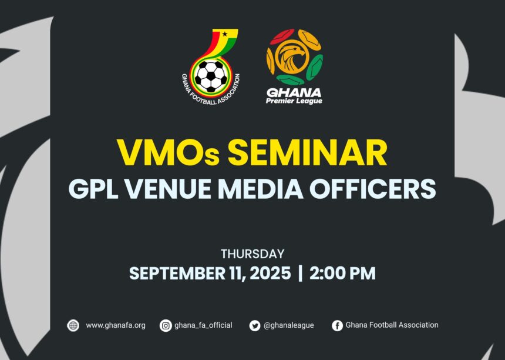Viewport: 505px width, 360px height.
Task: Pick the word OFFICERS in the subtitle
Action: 379,188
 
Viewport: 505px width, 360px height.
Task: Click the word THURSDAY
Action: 253,254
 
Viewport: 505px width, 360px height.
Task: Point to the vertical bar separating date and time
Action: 301,274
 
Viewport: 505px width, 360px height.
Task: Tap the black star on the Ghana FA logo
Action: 224,34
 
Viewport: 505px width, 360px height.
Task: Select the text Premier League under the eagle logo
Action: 294,101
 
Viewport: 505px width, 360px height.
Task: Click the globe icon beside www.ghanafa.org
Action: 73,325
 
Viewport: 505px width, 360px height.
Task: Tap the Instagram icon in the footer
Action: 166,325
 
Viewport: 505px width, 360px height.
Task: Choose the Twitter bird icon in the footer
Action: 254,325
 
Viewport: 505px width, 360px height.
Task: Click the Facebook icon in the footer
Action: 337,325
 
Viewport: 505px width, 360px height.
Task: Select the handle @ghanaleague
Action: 289,325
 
